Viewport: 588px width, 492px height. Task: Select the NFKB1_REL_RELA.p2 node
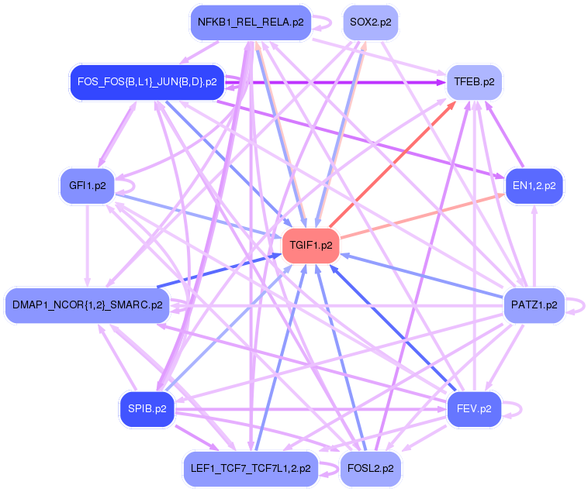tap(251, 22)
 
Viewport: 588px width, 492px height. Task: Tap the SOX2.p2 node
tap(370, 22)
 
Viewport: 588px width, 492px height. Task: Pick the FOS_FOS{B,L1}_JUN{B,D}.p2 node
tap(147, 81)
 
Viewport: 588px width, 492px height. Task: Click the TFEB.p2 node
tap(472, 81)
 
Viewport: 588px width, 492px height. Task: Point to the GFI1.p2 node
tap(87, 185)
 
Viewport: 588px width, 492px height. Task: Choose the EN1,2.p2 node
tap(534, 185)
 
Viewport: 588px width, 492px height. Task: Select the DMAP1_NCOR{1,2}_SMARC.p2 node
tap(87, 304)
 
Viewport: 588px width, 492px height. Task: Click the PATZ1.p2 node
tap(534, 304)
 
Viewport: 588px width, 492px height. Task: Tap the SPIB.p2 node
tap(147, 408)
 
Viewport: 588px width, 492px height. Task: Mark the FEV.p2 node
tap(474, 408)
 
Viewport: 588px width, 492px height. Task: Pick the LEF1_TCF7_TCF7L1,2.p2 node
tap(251, 468)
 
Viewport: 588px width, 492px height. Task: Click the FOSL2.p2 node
tap(370, 468)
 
